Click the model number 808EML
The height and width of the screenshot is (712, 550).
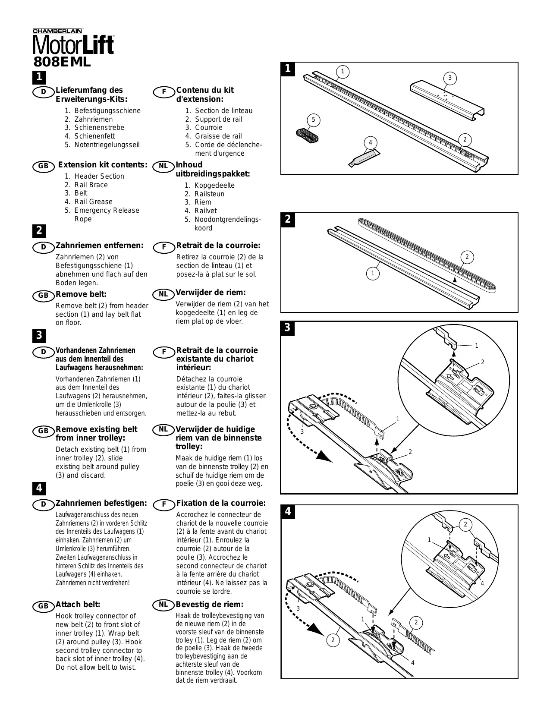click(x=62, y=62)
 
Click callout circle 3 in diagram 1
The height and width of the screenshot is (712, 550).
click(x=449, y=78)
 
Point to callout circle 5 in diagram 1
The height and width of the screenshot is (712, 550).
click(x=314, y=120)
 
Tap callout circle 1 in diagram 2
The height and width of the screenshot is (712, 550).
click(x=373, y=273)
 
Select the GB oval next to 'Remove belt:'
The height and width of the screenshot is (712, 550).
click(x=43, y=296)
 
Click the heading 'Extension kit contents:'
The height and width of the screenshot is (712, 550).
click(x=103, y=165)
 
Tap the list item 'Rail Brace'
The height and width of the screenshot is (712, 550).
click(x=91, y=185)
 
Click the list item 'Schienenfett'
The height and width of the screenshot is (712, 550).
click(x=94, y=136)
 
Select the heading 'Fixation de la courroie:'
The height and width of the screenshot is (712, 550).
click(x=221, y=503)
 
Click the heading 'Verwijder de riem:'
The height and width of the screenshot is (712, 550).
click(x=211, y=293)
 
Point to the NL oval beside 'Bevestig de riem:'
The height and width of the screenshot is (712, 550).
click(x=163, y=605)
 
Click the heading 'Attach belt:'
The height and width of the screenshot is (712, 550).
click(x=78, y=605)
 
